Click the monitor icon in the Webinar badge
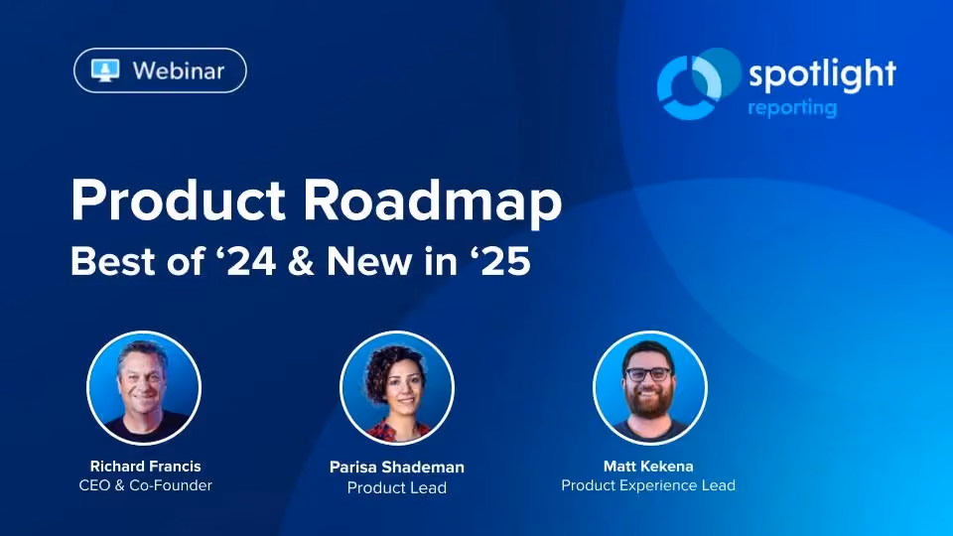tap(105, 70)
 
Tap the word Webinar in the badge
tap(179, 71)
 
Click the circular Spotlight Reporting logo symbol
tap(698, 83)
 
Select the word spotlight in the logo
tap(822, 74)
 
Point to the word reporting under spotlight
tap(792, 108)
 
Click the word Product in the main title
tap(178, 200)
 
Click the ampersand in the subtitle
tap(300, 261)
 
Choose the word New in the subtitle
tap(369, 261)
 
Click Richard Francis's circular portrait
tap(144, 388)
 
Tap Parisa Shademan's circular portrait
tap(397, 388)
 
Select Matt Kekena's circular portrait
tap(649, 388)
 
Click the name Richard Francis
tap(145, 467)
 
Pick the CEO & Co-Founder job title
tap(145, 485)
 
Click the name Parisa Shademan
tap(397, 467)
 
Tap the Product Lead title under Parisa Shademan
tap(397, 487)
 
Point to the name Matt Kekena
tap(648, 467)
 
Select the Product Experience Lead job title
tap(648, 485)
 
